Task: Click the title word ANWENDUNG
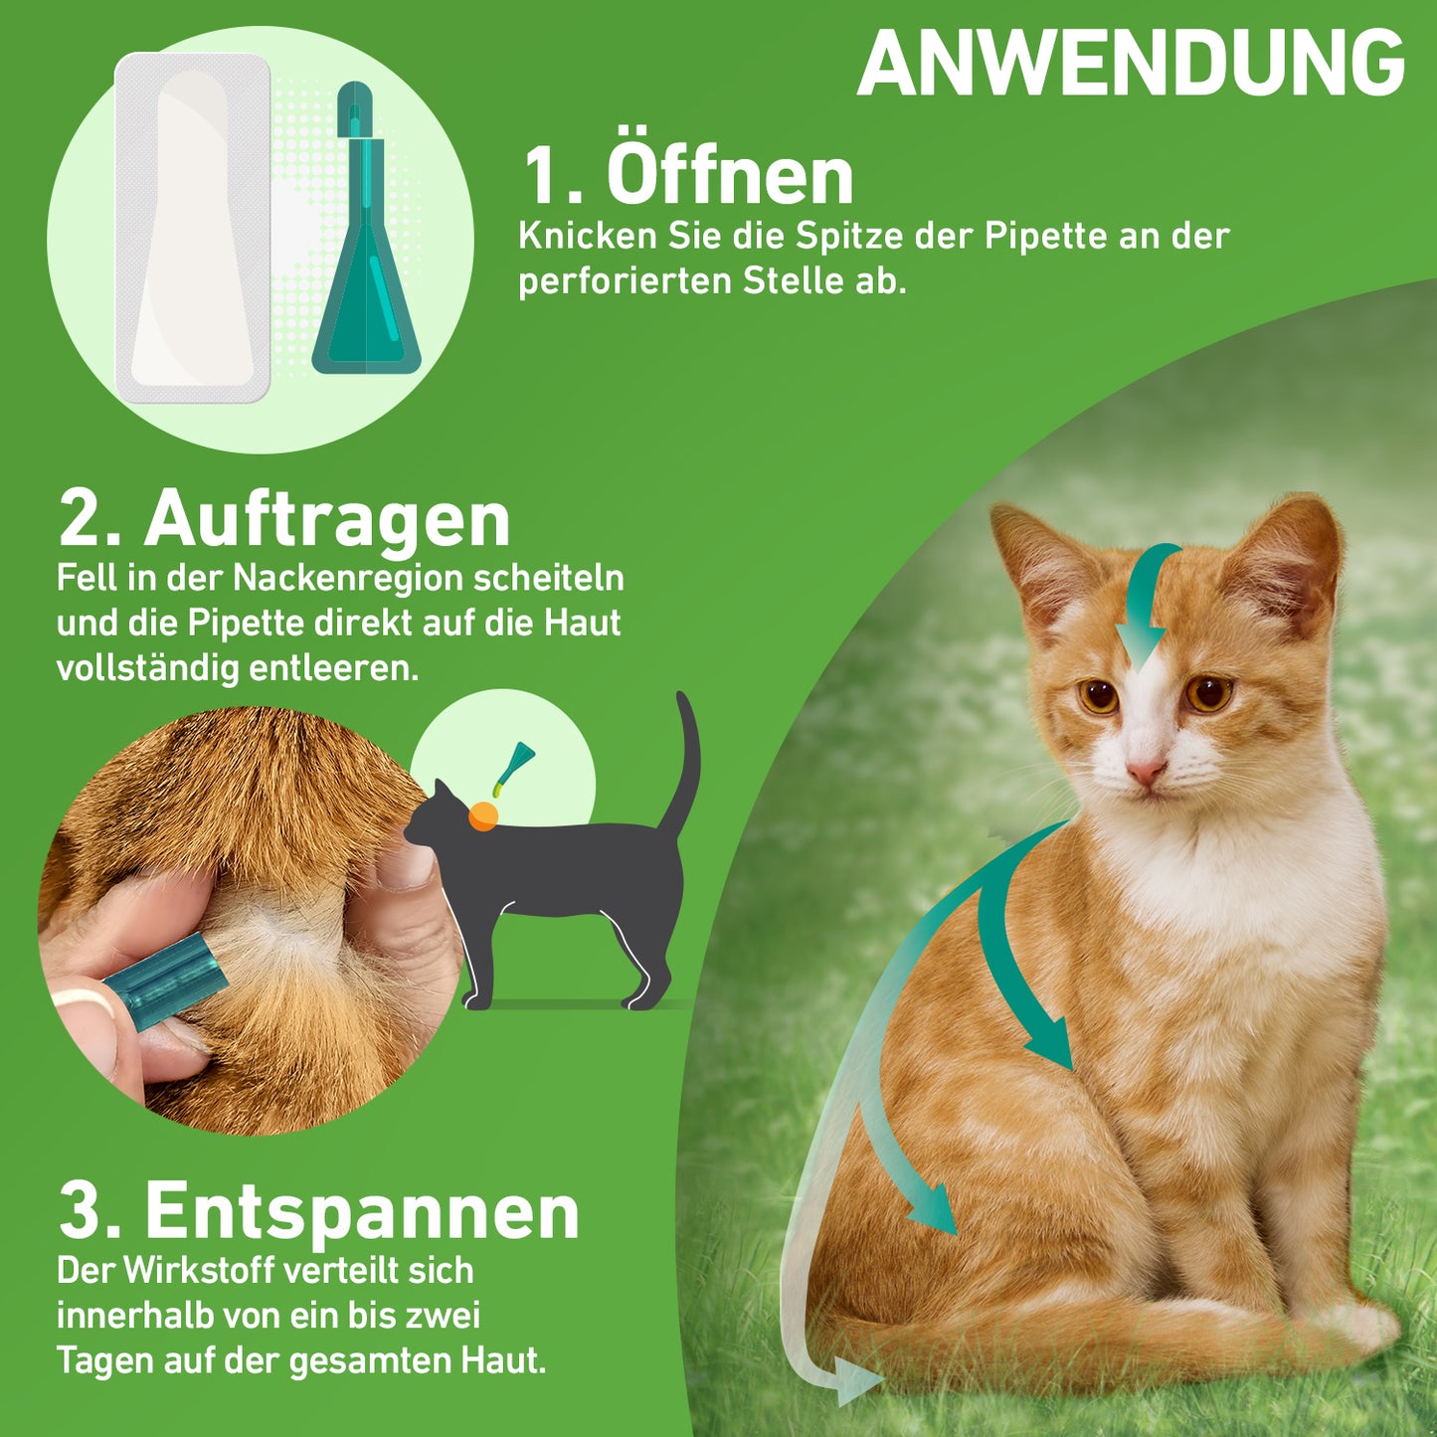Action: [x=1132, y=64]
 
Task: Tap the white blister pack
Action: [x=192, y=228]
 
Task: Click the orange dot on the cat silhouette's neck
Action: [x=483, y=815]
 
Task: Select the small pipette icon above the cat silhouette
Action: [x=514, y=768]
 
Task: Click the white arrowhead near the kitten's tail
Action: [x=856, y=1378]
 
